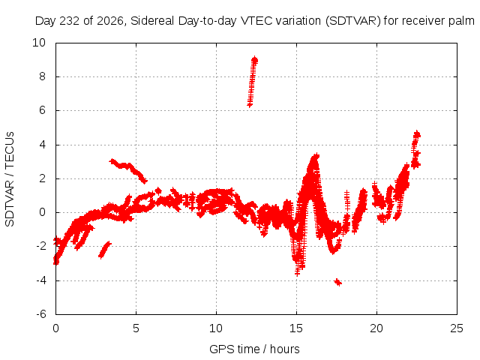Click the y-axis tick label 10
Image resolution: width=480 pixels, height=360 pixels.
click(39, 43)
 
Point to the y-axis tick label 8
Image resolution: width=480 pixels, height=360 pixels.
click(42, 76)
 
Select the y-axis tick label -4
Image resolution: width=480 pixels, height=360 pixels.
click(41, 280)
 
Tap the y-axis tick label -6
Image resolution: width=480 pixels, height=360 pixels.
click(41, 314)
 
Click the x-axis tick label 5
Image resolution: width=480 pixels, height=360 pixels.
click(136, 328)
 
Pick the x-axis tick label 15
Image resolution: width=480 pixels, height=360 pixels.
click(296, 328)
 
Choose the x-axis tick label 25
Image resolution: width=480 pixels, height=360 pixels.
click(457, 328)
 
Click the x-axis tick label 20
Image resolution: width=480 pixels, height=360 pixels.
click(376, 328)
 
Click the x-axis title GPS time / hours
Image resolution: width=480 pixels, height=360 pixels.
click(254, 349)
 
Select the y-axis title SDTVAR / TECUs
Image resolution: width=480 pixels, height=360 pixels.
click(10, 179)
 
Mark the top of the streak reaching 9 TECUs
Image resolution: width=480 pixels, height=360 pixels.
click(255, 58)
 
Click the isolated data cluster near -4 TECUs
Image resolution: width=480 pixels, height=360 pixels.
click(338, 282)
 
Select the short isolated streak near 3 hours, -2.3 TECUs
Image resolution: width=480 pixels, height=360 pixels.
click(105, 250)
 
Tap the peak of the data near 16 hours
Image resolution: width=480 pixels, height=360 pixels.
click(316, 155)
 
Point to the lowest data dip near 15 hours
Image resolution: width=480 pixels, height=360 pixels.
click(297, 273)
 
